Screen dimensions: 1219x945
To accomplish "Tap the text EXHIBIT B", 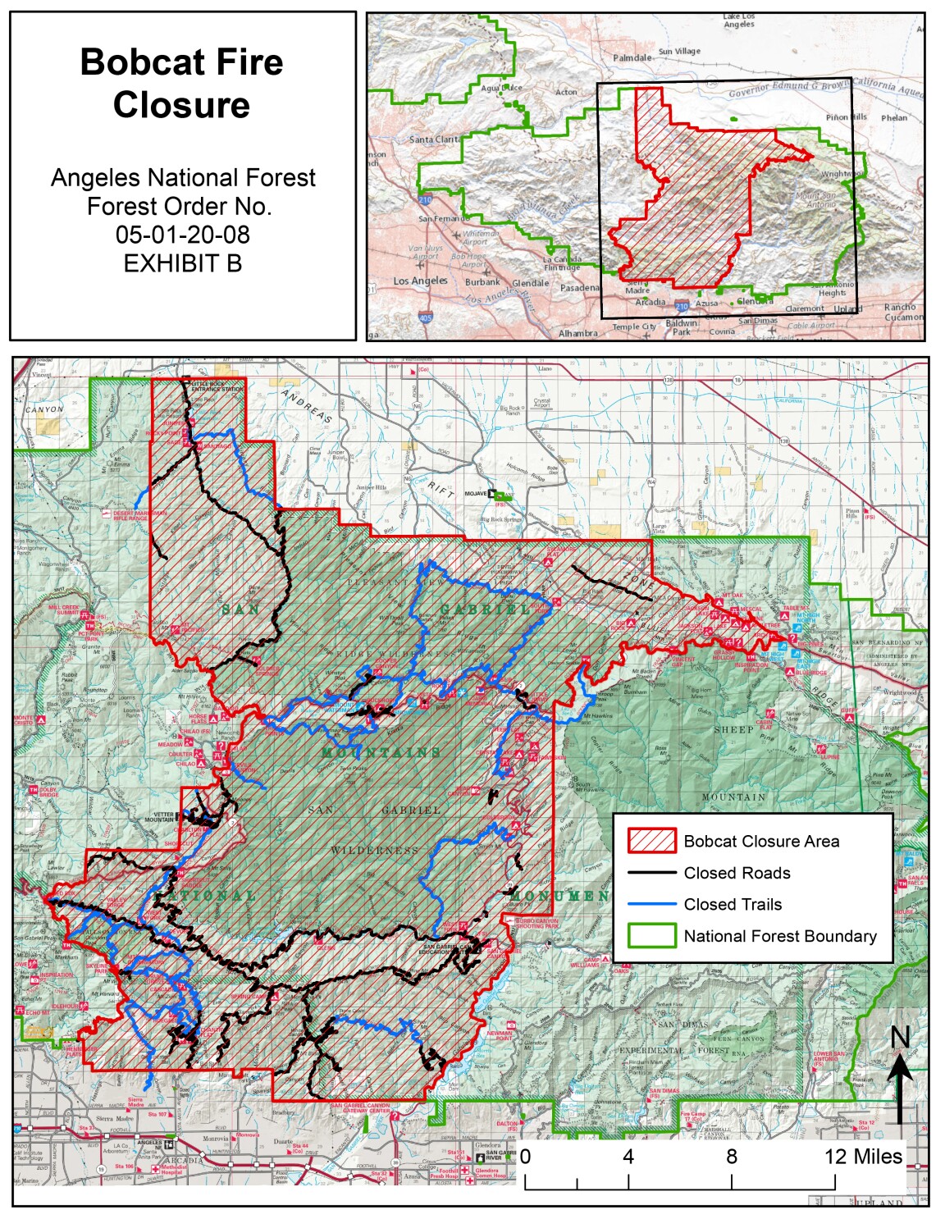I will [x=182, y=263].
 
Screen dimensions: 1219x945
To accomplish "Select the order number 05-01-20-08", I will [x=182, y=235].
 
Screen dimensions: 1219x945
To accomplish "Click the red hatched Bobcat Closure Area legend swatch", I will [x=651, y=841].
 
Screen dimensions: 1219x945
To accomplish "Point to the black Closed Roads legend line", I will [x=651, y=873].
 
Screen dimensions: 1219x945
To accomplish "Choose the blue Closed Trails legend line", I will [x=651, y=904].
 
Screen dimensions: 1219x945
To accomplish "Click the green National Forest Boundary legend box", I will [x=651, y=936].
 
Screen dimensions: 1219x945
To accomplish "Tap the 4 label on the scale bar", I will [x=628, y=1157].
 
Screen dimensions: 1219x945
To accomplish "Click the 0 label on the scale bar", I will [x=525, y=1157].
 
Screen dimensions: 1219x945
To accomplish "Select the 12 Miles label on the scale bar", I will [x=863, y=1157].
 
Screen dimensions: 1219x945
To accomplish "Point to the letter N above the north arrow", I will [x=900, y=1038].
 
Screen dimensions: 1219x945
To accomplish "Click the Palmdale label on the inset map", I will [x=632, y=58].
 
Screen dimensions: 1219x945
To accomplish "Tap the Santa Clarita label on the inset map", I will [x=435, y=139].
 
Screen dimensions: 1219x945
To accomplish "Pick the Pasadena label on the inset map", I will [x=580, y=288].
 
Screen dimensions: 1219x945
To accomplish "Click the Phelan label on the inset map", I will [x=894, y=118].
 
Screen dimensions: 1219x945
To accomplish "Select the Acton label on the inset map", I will [x=566, y=93].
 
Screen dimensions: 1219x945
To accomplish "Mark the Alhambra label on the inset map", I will [x=578, y=334].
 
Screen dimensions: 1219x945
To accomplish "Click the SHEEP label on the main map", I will [x=733, y=729].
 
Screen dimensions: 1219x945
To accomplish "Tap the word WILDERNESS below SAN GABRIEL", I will [x=374, y=851].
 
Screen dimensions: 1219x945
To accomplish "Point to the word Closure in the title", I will [x=181, y=105].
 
